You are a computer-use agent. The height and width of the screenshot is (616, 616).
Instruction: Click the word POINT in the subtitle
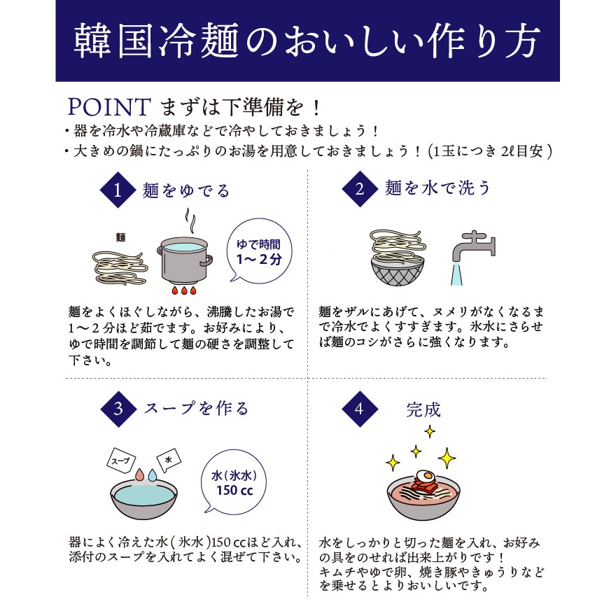(x=108, y=107)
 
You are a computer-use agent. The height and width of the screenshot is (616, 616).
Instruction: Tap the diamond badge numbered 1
(x=118, y=190)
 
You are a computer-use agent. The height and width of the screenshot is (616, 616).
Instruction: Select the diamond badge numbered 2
(x=360, y=189)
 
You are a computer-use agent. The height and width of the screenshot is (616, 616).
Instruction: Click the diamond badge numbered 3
(x=118, y=409)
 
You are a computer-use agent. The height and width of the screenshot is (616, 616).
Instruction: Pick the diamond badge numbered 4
(x=360, y=409)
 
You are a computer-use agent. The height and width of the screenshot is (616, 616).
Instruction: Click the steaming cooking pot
(x=184, y=259)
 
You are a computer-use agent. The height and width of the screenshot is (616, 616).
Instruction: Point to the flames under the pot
(x=183, y=290)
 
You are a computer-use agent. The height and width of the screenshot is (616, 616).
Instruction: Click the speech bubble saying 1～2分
(x=259, y=251)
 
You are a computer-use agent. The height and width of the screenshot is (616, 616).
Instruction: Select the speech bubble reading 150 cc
(x=234, y=483)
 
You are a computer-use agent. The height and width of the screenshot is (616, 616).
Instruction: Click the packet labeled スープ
(x=121, y=460)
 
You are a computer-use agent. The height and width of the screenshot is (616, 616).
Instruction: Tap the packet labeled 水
(x=169, y=460)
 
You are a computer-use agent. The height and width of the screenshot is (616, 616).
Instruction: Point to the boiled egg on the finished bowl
(x=424, y=476)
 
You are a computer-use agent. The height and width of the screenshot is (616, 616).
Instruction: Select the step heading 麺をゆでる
(x=185, y=190)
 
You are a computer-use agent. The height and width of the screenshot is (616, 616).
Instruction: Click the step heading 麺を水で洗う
(x=437, y=188)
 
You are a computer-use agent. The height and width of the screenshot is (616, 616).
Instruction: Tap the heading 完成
(x=423, y=409)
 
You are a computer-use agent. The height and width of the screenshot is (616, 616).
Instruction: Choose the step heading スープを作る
(x=196, y=409)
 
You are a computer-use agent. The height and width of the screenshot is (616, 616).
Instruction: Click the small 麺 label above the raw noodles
(x=120, y=237)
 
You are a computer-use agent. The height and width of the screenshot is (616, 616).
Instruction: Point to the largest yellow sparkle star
(x=447, y=458)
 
